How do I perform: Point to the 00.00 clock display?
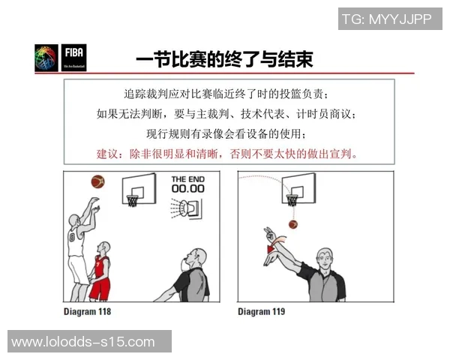point(187,189)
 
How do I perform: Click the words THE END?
point(187,178)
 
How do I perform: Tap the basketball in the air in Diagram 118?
point(97,181)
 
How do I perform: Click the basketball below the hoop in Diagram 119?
point(293,223)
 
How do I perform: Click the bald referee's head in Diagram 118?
point(194,259)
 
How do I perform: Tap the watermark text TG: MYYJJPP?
point(387,19)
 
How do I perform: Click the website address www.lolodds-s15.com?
point(83,342)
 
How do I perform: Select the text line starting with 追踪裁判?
point(226,94)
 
